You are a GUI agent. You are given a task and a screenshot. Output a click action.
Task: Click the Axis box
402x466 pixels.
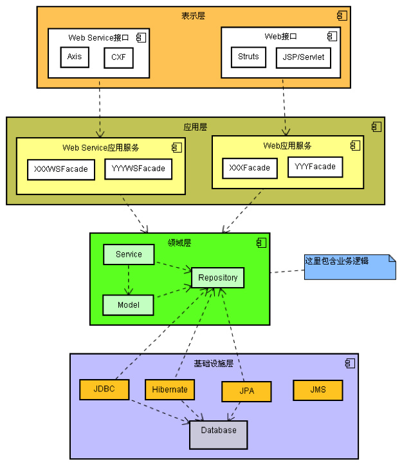tap(75, 57)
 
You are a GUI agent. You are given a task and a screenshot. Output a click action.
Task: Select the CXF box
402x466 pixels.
tap(118, 57)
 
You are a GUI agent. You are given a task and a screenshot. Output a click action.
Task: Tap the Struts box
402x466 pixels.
tap(248, 57)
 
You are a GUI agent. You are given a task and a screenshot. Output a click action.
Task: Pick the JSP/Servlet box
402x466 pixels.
tap(304, 57)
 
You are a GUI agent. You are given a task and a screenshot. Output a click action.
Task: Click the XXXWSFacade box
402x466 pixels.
tap(61, 169)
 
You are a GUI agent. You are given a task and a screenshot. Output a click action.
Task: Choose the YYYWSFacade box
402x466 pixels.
tap(138, 169)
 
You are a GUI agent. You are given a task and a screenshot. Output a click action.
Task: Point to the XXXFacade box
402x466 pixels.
tap(250, 168)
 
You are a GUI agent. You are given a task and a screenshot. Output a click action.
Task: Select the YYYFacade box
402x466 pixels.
tap(315, 167)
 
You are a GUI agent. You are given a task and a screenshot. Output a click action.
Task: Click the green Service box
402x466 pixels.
tap(129, 254)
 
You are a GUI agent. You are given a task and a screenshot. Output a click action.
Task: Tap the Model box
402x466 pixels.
tap(128, 304)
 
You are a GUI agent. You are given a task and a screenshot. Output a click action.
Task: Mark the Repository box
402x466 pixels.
tap(217, 278)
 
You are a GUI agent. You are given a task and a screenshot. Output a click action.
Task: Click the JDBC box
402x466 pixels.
tap(104, 389)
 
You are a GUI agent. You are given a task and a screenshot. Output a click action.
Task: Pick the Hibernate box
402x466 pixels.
tap(170, 389)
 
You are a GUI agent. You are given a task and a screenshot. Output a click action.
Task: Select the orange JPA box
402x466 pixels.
tap(246, 391)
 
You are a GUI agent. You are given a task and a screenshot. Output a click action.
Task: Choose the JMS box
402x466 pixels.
tap(318, 390)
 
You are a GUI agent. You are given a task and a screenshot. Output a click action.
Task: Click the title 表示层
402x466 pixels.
tap(193, 15)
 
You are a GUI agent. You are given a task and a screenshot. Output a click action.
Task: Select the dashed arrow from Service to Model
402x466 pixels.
tap(129, 279)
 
